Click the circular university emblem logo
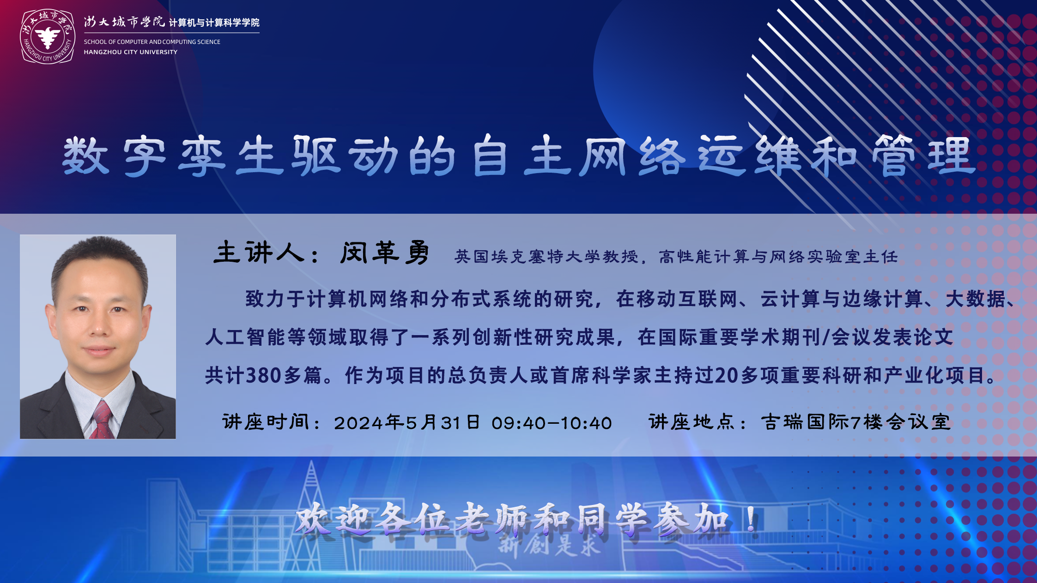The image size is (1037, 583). (48, 37)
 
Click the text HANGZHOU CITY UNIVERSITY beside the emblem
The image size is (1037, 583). (131, 52)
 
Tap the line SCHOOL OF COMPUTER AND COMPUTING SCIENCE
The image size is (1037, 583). (152, 42)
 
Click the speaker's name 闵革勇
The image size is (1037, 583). (385, 252)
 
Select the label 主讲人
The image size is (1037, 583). (259, 252)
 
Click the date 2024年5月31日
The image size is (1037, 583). (407, 422)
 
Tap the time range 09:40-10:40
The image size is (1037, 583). (552, 423)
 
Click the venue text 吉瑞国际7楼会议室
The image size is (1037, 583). (855, 422)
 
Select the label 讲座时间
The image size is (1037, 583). (266, 421)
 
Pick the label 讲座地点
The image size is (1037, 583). (691, 421)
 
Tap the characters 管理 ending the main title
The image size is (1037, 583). (923, 156)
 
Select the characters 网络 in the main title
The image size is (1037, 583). (632, 156)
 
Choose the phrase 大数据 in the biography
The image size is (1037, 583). (975, 299)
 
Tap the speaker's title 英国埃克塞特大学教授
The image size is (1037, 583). (546, 256)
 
